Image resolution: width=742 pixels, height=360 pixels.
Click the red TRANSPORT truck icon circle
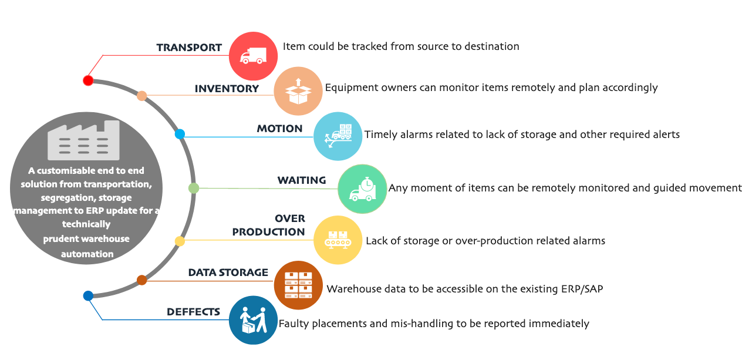pyautogui.click(x=252, y=56)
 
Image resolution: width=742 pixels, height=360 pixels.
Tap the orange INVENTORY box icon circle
pyautogui.click(x=298, y=91)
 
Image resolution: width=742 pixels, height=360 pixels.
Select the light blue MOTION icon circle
pyautogui.click(x=338, y=136)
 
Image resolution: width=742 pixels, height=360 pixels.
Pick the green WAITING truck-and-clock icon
pyautogui.click(x=362, y=189)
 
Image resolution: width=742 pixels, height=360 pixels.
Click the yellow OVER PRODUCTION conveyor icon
pyautogui.click(x=338, y=240)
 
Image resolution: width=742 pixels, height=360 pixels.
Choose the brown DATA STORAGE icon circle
pyautogui.click(x=298, y=285)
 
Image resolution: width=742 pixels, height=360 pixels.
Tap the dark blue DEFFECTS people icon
pyautogui.click(x=253, y=320)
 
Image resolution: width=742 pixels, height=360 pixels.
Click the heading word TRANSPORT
pyautogui.click(x=189, y=48)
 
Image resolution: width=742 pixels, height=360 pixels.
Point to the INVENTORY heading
pyautogui.click(x=227, y=89)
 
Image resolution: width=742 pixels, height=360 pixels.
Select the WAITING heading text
pyautogui.click(x=301, y=180)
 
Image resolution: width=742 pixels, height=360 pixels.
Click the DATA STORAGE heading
pyautogui.click(x=228, y=272)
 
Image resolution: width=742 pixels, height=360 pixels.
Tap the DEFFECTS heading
pyautogui.click(x=193, y=312)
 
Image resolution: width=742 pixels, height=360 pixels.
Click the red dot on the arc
pyautogui.click(x=88, y=80)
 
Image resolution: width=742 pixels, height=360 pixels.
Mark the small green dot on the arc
pyautogui.click(x=194, y=189)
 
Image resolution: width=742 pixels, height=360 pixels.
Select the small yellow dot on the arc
pyautogui.click(x=180, y=241)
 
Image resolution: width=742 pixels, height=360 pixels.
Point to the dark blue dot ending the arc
pyautogui.click(x=88, y=296)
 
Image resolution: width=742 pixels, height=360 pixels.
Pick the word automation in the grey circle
pyautogui.click(x=87, y=254)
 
